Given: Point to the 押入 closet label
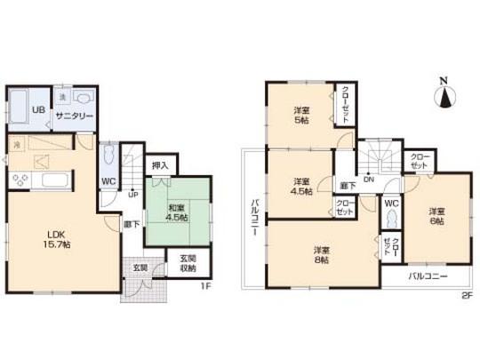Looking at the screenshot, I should [161, 164].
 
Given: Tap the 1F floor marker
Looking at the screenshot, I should [204, 286].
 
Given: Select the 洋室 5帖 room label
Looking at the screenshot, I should [301, 116].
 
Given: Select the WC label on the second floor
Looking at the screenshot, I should [391, 204].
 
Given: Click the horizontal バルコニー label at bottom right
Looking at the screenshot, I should [428, 276].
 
